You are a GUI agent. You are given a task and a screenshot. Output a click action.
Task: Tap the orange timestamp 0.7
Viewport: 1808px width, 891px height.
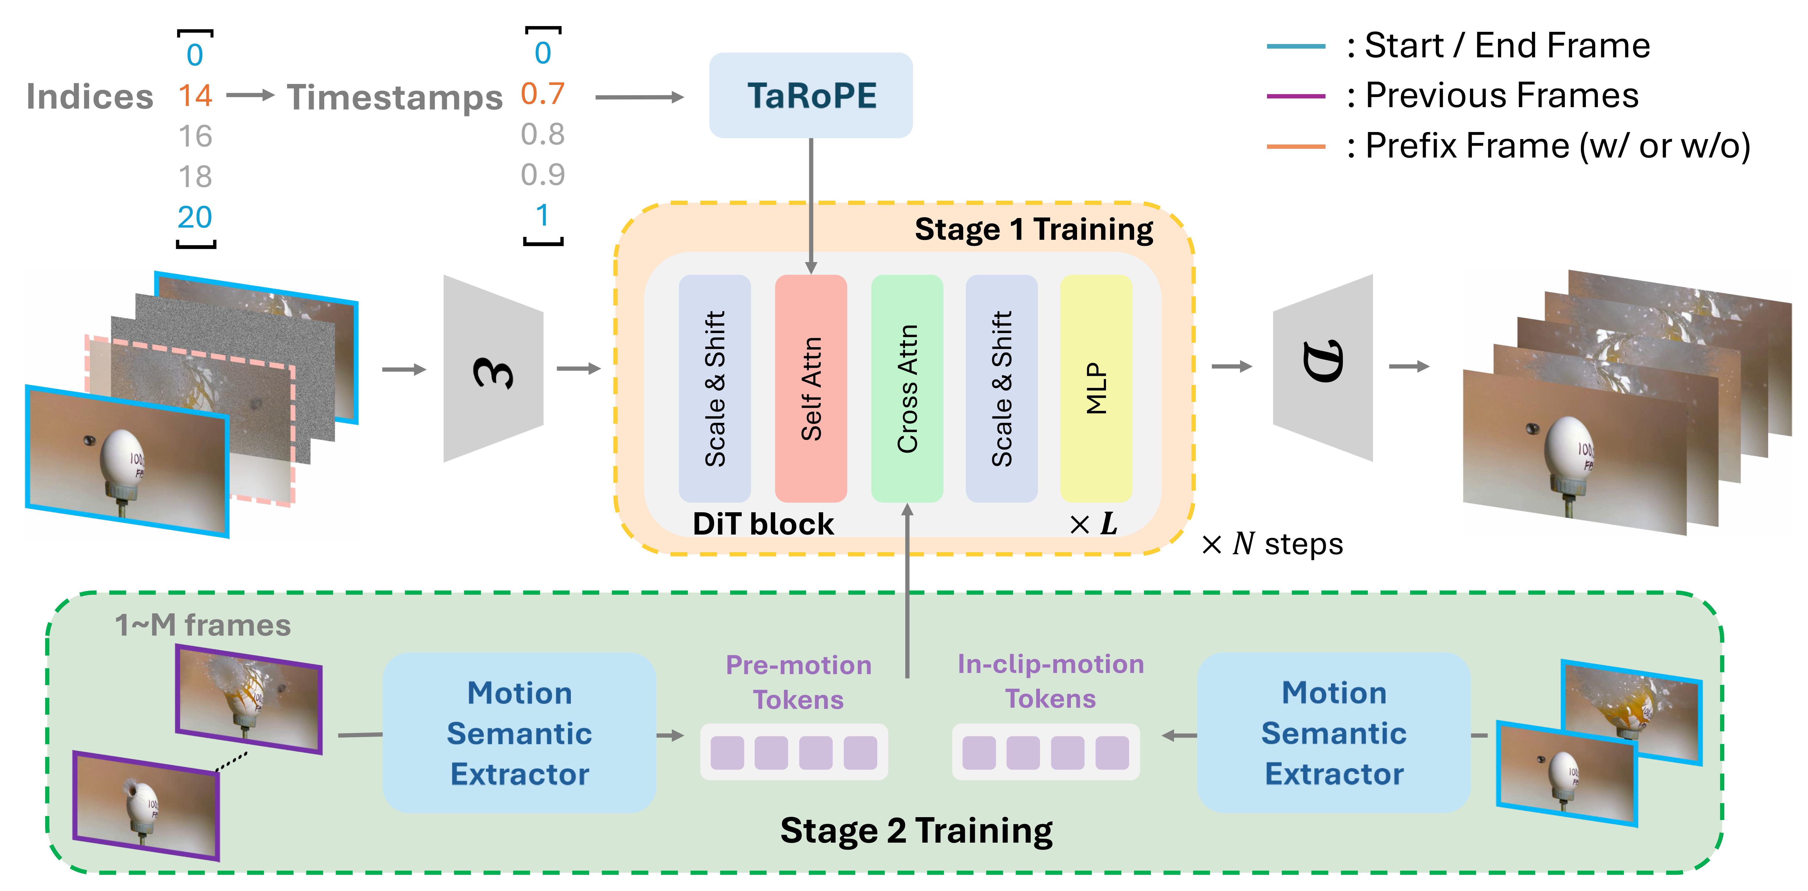(542, 93)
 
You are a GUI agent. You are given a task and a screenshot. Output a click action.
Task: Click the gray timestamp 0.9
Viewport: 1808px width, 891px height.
(542, 175)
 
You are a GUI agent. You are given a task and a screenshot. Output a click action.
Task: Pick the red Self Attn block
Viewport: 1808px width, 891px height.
(811, 388)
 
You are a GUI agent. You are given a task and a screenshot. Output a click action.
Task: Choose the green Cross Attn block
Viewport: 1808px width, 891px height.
(907, 388)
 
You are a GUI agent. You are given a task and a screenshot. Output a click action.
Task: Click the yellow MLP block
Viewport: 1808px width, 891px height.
(1096, 388)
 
